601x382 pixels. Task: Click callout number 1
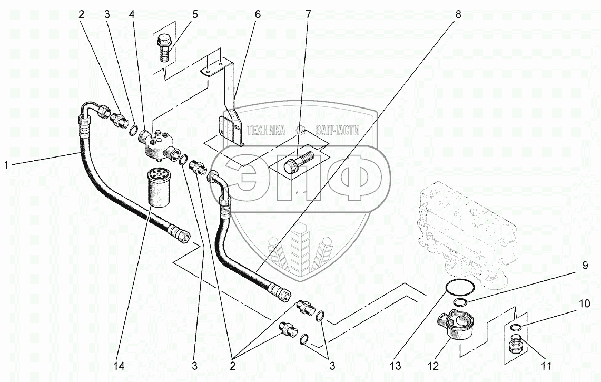click(x=6, y=165)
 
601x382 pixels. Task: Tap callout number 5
click(x=194, y=15)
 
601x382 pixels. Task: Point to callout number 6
click(x=258, y=15)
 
